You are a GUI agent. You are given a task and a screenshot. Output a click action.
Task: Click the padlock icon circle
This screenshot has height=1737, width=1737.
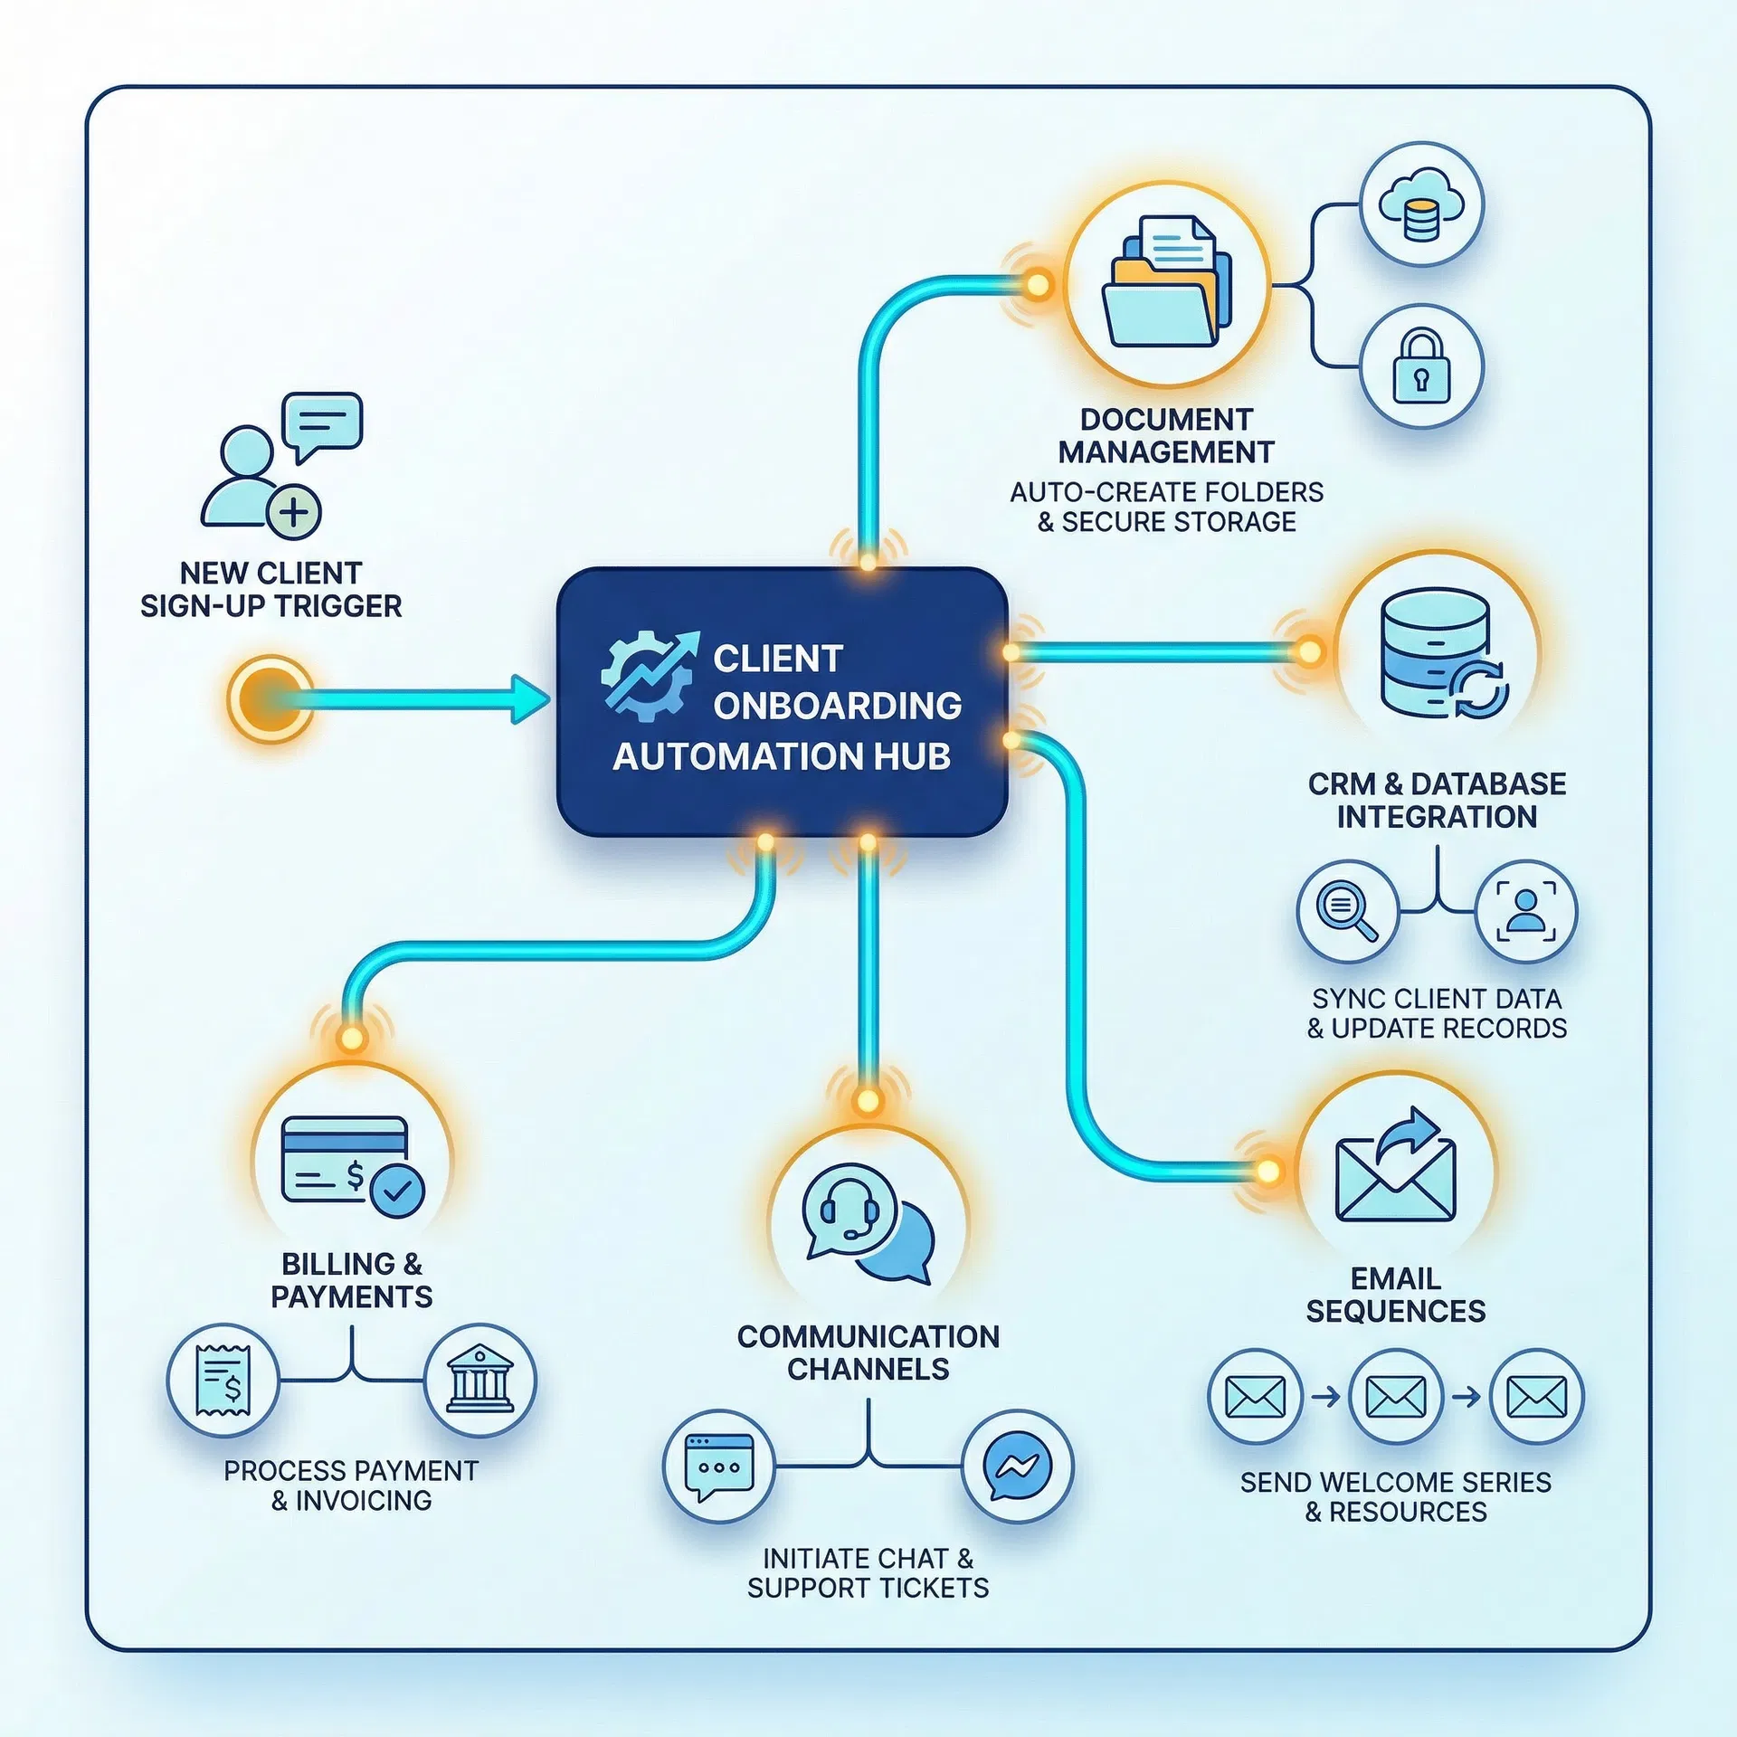pyautogui.click(x=1421, y=365)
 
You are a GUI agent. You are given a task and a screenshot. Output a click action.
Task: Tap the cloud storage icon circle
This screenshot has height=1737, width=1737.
pyautogui.click(x=1421, y=204)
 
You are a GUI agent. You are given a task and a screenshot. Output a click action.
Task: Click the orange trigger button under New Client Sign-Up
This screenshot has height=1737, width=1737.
pyautogui.click(x=270, y=698)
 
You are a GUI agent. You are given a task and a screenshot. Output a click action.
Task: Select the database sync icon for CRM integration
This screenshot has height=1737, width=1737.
pyautogui.click(x=1438, y=653)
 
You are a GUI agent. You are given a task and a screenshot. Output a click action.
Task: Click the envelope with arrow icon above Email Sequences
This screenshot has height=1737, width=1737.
pyautogui.click(x=1396, y=1169)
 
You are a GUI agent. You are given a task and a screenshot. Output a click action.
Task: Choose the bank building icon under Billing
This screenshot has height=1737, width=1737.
pyautogui.click(x=479, y=1381)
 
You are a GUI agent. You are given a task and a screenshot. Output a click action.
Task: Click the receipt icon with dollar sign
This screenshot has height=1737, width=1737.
pyautogui.click(x=223, y=1381)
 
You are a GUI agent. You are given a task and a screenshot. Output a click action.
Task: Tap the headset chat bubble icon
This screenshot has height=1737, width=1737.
pyautogui.click(x=867, y=1223)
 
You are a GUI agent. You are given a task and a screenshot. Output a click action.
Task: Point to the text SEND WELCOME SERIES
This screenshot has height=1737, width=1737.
pyautogui.click(x=1395, y=1483)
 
